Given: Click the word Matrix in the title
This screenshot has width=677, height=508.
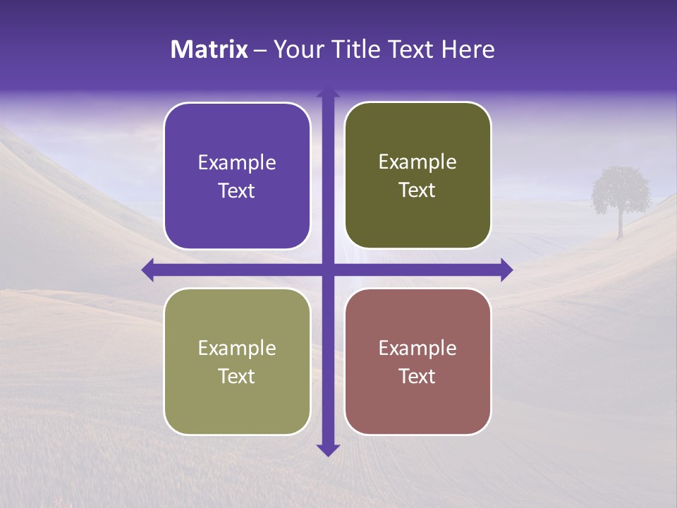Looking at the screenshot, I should [x=209, y=49].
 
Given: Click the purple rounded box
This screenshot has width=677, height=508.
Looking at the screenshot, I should [x=237, y=176].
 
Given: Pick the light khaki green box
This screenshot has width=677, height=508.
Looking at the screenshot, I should [x=237, y=361].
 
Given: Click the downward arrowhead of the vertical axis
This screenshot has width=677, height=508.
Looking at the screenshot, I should [x=328, y=450].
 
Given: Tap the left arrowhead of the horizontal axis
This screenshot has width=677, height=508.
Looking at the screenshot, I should [x=147, y=270].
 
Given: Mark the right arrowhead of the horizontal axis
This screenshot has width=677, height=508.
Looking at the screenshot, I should [x=506, y=270].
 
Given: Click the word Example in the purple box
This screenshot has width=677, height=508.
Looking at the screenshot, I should [x=237, y=163].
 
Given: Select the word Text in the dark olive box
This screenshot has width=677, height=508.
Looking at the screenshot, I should [x=417, y=190].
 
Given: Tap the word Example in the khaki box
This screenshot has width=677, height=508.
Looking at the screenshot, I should [x=237, y=348].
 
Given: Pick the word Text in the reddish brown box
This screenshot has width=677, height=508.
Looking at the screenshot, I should [x=417, y=376].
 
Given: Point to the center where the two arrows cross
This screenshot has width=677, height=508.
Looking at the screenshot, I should [x=328, y=270].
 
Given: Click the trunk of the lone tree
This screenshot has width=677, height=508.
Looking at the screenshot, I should [x=621, y=224].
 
